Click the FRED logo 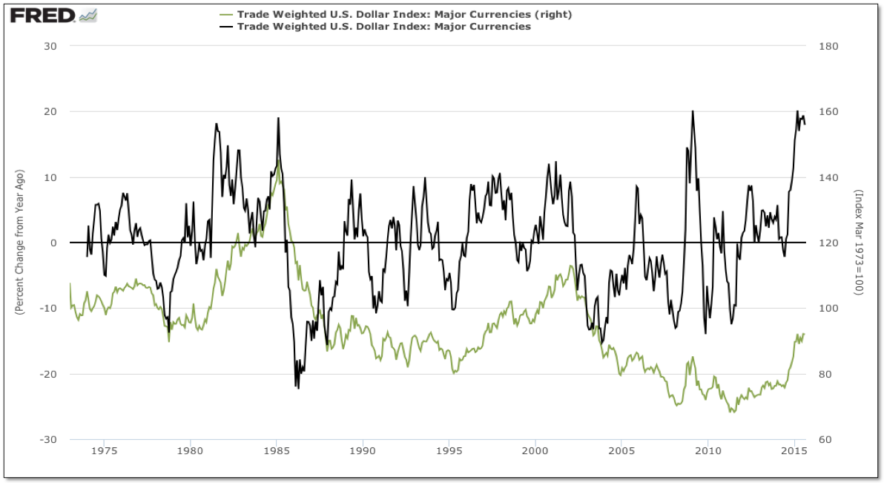tap(42, 15)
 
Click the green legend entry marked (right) tap(404, 14)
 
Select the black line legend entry tap(383, 27)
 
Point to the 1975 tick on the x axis tap(105, 450)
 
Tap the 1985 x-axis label tap(277, 450)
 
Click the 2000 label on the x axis tap(535, 450)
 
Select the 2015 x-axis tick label tap(794, 450)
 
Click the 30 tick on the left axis tap(53, 46)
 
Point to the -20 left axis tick tap(51, 374)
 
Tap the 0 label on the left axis tap(56, 243)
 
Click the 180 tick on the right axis tap(829, 46)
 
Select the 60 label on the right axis tap(827, 439)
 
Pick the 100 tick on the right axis tap(829, 309)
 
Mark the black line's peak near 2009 tap(693, 111)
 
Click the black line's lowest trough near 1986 tap(298, 388)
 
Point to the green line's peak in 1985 tap(278, 160)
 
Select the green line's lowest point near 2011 tap(733, 412)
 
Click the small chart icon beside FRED tap(88, 15)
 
